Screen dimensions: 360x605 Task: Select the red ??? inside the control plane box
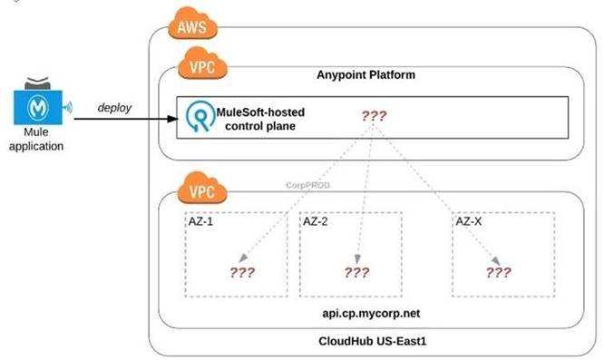376,116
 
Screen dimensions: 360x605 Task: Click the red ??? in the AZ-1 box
242,271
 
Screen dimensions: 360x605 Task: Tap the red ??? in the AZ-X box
498,272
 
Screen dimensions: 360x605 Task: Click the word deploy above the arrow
115,108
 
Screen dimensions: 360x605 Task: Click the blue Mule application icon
39,105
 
